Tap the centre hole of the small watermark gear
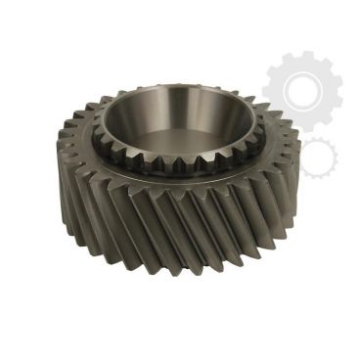[319, 157]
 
